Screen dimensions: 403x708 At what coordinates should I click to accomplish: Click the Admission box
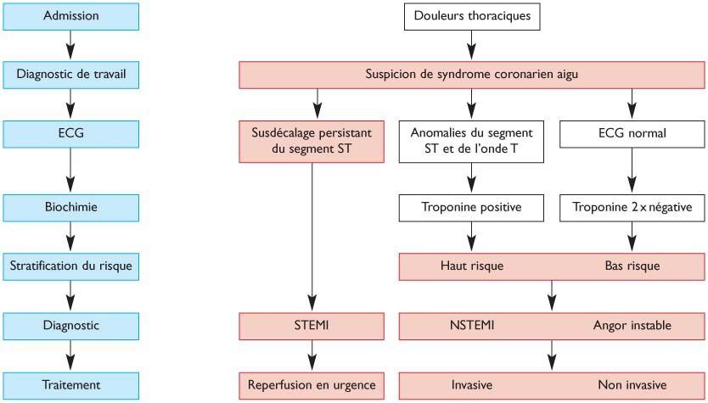point(70,16)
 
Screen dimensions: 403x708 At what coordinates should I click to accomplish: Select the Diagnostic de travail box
point(70,75)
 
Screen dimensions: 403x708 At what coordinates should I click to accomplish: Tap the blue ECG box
point(70,133)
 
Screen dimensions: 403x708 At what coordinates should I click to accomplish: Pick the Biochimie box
point(70,206)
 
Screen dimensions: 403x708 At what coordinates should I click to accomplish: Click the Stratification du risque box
point(70,266)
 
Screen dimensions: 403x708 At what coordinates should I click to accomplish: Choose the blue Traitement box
point(70,384)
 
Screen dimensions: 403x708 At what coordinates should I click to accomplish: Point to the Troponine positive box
point(471,206)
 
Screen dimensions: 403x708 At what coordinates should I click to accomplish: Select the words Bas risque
point(632,266)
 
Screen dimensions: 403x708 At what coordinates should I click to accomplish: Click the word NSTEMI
point(472,325)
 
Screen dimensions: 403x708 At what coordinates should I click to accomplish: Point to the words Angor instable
point(632,325)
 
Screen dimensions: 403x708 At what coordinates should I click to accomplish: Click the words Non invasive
point(632,384)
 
